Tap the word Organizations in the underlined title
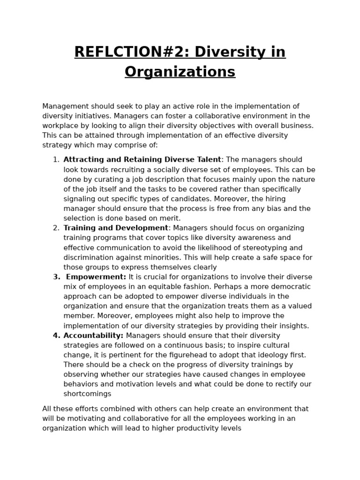coord(180,72)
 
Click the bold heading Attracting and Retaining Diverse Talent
coord(142,160)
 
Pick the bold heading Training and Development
coord(116,228)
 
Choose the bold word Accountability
coord(93,336)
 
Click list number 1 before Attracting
coord(56,160)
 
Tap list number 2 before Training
coord(56,228)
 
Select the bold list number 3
coord(56,277)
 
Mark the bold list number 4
coord(56,336)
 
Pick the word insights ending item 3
coord(293,326)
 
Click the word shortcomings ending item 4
coord(87,394)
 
